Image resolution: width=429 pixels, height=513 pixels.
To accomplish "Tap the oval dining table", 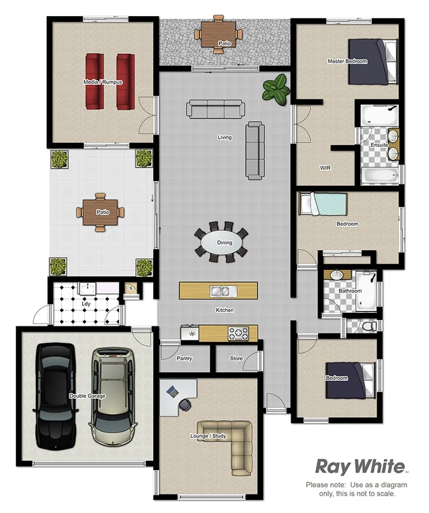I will tap(221, 242).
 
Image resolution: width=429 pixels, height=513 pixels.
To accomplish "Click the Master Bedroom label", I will tap(347, 61).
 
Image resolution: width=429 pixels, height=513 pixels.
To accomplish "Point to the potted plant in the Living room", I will tap(276, 88).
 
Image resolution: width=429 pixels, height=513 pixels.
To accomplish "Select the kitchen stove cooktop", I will tap(239, 333).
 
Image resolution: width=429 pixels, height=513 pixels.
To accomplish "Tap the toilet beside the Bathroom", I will tap(367, 326).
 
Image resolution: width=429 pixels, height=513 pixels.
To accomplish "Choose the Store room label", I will tap(236, 358).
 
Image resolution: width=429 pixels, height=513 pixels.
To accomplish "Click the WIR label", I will tap(324, 167).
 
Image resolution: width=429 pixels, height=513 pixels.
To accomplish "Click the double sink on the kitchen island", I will tap(221, 290).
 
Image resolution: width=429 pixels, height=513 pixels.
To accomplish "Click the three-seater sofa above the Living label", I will tap(215, 109).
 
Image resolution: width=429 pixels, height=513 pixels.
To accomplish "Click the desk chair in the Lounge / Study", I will tap(185, 404).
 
